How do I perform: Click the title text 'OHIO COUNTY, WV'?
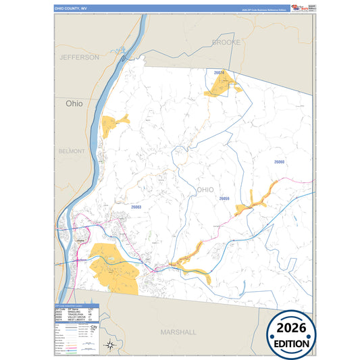tap(72, 9)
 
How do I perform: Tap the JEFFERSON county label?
tap(79, 57)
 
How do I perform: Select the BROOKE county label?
tap(226, 42)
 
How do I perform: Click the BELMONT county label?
tap(72, 152)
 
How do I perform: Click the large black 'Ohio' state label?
tap(74, 104)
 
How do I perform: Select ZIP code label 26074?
tap(219, 72)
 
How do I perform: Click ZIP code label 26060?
tap(280, 162)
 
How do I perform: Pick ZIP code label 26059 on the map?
tap(225, 199)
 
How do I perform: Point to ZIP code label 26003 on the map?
tap(136, 207)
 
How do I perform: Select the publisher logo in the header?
tap(299, 8)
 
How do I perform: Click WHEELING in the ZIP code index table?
tap(71, 312)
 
